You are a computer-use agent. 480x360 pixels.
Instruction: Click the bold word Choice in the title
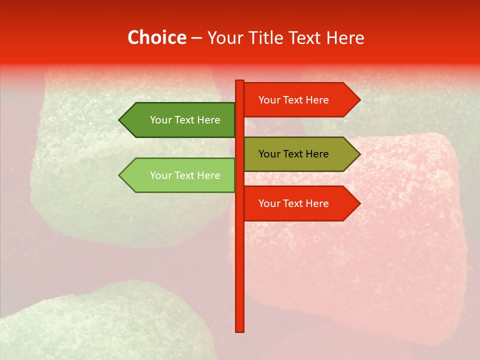pyautogui.click(x=156, y=37)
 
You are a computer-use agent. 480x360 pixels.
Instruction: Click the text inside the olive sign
pyautogui.click(x=293, y=154)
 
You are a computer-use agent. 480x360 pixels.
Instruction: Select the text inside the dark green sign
pyautogui.click(x=185, y=120)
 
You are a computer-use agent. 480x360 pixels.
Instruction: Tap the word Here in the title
pyautogui.click(x=345, y=37)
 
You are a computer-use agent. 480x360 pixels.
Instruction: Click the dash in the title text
pyautogui.click(x=196, y=38)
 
